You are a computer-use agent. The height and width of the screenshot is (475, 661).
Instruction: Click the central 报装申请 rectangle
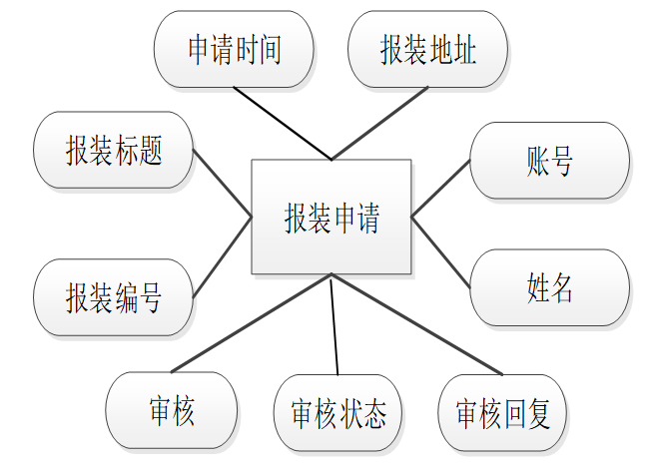pyautogui.click(x=330, y=216)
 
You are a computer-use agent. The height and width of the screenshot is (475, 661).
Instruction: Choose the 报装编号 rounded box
pyautogui.click(x=113, y=296)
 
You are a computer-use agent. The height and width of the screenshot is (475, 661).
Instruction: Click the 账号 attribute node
pyautogui.click(x=549, y=160)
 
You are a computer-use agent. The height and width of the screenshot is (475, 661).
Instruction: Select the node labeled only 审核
pyautogui.click(x=171, y=410)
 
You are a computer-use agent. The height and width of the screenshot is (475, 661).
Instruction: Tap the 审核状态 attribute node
pyautogui.click(x=337, y=413)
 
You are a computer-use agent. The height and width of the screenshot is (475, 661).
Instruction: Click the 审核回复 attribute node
pyautogui.click(x=502, y=413)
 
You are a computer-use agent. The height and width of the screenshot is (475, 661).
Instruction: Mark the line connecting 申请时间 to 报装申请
pyautogui.click(x=283, y=124)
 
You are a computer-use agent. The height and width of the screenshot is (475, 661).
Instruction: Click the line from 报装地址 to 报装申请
pyautogui.click(x=380, y=124)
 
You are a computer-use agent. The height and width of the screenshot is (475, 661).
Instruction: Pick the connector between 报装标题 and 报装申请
pyautogui.click(x=222, y=183)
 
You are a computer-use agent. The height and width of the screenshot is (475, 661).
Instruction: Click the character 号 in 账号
pyautogui.click(x=562, y=161)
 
